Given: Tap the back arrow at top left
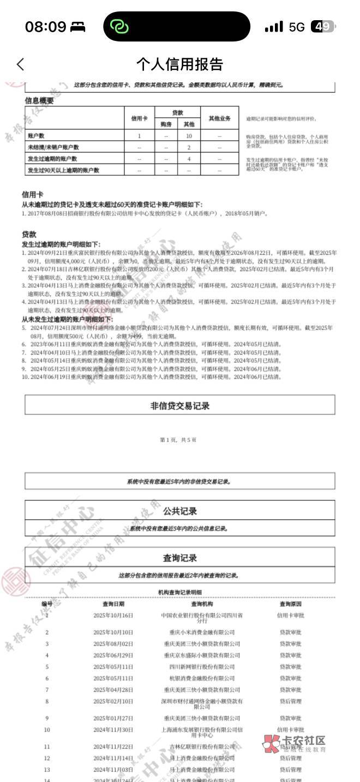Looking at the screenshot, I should [20, 64].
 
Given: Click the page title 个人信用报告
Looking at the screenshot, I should [179, 64].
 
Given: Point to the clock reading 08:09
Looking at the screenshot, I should [45, 27].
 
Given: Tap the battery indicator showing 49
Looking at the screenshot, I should [322, 27].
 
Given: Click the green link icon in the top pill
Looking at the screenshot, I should [118, 26].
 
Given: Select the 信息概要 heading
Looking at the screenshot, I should [39, 100].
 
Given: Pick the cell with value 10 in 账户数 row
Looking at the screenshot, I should [189, 136].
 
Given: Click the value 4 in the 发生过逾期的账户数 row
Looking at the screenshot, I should [189, 159].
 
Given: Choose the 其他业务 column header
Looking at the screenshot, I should [219, 118].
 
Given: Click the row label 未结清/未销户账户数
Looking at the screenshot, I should [53, 147].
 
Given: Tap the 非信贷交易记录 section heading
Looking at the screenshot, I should [179, 406].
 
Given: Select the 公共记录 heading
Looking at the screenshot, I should [179, 512].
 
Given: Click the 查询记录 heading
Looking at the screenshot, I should [179, 558].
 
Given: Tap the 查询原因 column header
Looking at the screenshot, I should [290, 604].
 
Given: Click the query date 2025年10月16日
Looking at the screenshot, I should [113, 615].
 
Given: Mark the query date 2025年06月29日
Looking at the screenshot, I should [113, 655].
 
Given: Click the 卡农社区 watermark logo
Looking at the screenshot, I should [295, 744].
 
